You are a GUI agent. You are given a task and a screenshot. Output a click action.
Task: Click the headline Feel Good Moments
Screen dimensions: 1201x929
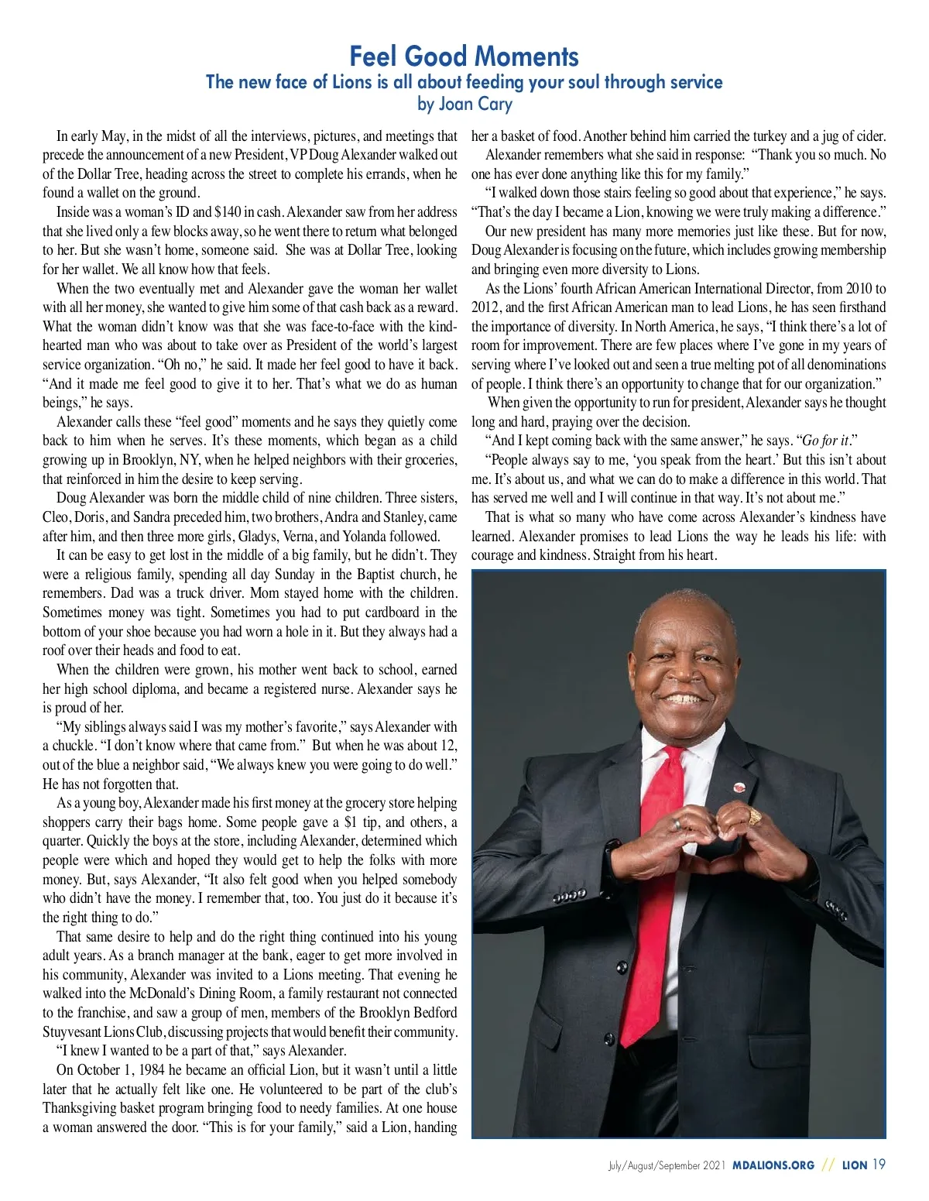click(x=464, y=56)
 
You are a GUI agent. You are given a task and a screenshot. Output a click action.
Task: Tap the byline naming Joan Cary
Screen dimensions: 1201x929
click(x=464, y=103)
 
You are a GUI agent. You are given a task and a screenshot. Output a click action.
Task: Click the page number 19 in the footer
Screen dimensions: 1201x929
click(x=879, y=1165)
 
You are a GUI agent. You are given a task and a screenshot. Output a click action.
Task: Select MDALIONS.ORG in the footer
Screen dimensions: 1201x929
click(x=773, y=1165)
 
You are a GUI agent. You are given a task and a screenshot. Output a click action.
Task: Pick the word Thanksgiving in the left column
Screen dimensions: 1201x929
click(x=81, y=1108)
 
